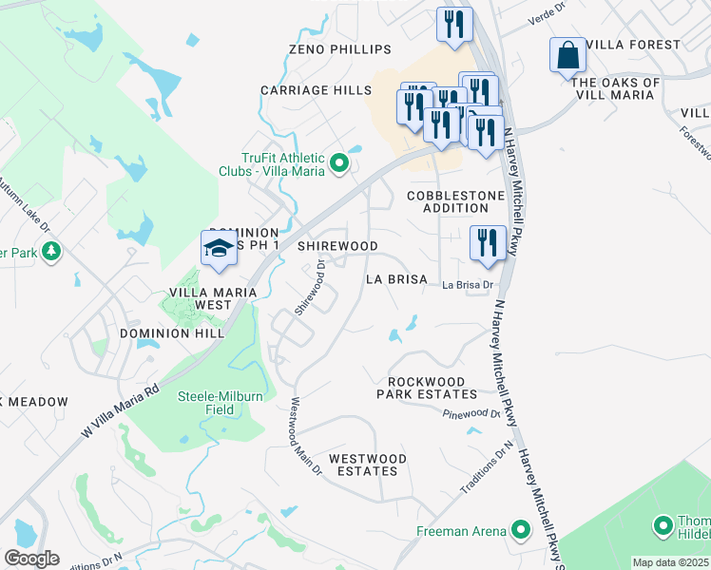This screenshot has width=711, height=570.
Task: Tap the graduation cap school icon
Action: tap(218, 249)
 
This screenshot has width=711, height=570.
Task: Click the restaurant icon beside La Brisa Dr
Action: tap(488, 243)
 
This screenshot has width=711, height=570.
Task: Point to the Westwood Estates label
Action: tap(368, 465)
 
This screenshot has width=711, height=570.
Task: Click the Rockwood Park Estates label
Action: tap(427, 387)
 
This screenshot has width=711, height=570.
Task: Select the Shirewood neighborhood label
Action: tap(337, 246)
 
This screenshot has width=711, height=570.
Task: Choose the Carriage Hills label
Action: tap(317, 90)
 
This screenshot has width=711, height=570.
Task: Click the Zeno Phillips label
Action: tap(339, 49)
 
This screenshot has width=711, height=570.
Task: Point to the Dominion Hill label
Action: tap(172, 333)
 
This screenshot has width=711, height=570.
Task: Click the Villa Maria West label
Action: tap(200, 298)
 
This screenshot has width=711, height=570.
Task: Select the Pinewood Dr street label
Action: tap(471, 413)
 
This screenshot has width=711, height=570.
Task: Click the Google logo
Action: tap(31, 559)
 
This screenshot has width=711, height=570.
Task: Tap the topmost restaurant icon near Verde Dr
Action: tap(453, 25)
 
